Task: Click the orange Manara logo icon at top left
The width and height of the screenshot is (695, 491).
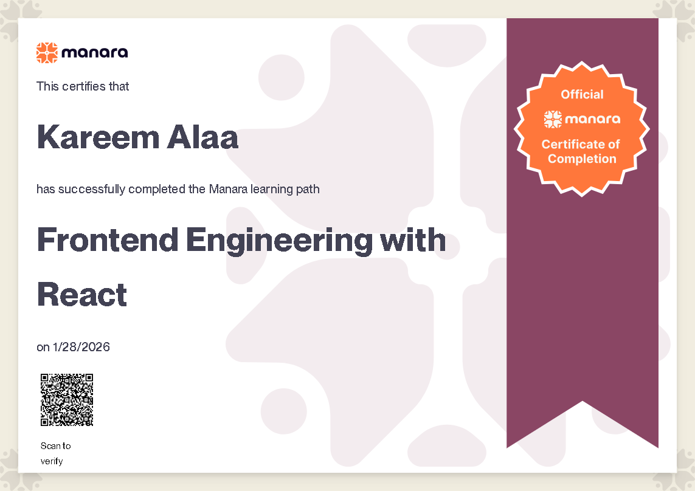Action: pyautogui.click(x=47, y=53)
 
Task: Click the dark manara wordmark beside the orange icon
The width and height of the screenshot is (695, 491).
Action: pyautogui.click(x=95, y=53)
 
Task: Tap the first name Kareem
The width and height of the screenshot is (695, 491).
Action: pyautogui.click(x=98, y=137)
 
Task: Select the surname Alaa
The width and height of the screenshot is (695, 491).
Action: pyautogui.click(x=202, y=137)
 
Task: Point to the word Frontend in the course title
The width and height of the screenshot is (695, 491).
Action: pyautogui.click(x=108, y=240)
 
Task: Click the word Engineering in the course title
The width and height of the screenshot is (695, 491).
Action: pyautogui.click(x=279, y=241)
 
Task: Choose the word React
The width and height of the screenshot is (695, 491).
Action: pyautogui.click(x=82, y=295)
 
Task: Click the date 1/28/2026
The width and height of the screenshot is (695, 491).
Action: pyautogui.click(x=81, y=347)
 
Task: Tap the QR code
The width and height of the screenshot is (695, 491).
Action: pyautogui.click(x=67, y=400)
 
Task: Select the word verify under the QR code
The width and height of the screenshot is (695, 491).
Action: pyautogui.click(x=52, y=461)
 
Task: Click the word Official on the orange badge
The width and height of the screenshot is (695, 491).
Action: pyautogui.click(x=582, y=94)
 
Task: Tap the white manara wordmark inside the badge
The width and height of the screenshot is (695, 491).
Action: pyautogui.click(x=593, y=119)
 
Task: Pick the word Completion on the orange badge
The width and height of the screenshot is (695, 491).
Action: pyautogui.click(x=582, y=159)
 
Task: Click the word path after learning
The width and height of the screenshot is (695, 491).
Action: pyautogui.click(x=308, y=189)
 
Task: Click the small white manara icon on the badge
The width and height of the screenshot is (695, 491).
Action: pyautogui.click(x=553, y=119)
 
